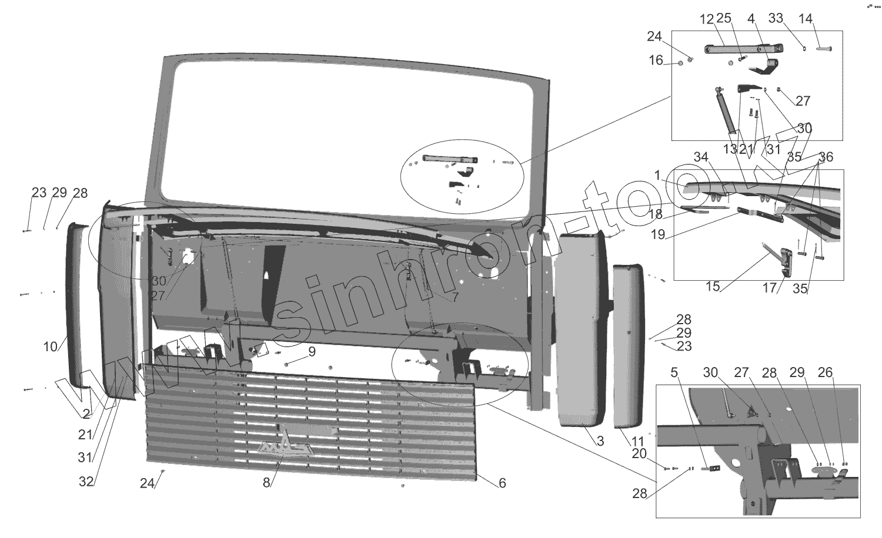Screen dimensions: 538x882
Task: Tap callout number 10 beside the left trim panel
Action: pos(51,347)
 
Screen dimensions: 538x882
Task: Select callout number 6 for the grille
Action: pos(502,483)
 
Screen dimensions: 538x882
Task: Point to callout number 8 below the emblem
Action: pos(266,483)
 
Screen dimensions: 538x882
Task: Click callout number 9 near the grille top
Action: pos(312,352)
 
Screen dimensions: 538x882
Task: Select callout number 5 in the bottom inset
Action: pos(674,372)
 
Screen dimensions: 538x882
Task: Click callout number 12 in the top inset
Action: pos(706,19)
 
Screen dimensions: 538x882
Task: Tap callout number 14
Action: pos(805,19)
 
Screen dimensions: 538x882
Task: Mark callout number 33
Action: pos(776,19)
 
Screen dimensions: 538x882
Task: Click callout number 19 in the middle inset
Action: pos(658,235)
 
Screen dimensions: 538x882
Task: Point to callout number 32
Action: pos(86,482)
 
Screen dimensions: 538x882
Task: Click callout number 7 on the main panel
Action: pos(455,298)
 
